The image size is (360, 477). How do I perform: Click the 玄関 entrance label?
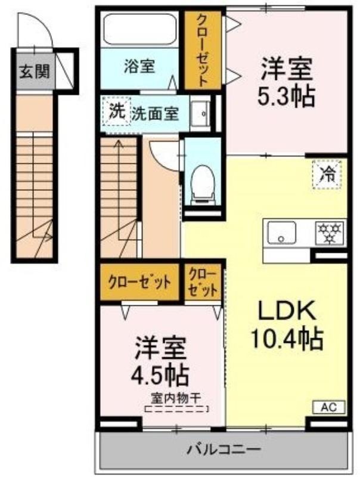[x=35, y=72]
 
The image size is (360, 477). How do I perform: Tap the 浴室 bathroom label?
[x=139, y=66]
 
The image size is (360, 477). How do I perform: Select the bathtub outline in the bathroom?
[x=140, y=29]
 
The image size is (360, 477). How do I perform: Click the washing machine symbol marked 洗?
[x=117, y=111]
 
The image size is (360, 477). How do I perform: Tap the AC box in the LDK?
[x=329, y=407]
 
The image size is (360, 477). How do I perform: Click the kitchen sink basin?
[x=281, y=233]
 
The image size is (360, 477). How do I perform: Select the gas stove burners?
[x=330, y=233]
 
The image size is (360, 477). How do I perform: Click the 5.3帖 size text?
[x=285, y=97]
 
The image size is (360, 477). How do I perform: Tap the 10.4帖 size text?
[x=286, y=338]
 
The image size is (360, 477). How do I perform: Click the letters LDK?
[x=287, y=310]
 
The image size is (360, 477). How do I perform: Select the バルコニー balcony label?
[x=224, y=449]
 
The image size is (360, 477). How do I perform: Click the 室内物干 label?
[x=176, y=398]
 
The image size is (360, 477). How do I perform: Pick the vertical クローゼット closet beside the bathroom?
[x=203, y=50]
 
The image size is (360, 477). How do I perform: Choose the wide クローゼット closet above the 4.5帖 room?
[x=139, y=282]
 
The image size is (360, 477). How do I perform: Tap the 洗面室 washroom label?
[x=155, y=113]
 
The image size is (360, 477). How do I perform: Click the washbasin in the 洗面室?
[x=200, y=113]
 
